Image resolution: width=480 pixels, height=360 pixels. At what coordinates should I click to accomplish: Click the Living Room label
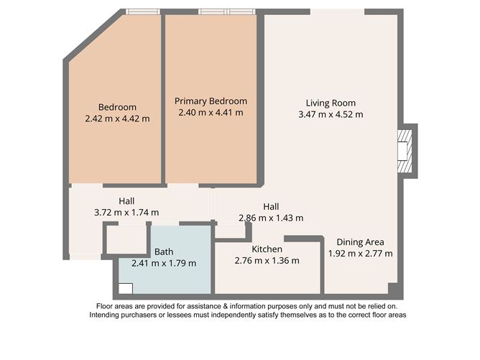point(331,103)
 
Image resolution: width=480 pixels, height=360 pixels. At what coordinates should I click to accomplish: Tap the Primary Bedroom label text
point(211,101)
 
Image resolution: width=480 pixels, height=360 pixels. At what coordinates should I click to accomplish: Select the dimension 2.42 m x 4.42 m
point(117,119)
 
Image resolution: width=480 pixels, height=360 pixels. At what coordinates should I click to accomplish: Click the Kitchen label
point(267,249)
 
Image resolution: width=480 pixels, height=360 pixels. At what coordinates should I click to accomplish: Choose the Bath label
point(164,251)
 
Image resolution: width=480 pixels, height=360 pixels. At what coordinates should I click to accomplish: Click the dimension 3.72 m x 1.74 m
point(126,213)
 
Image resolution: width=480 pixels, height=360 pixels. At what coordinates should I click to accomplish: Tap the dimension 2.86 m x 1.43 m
point(271,218)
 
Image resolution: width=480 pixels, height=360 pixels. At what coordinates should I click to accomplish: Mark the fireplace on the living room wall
point(407,149)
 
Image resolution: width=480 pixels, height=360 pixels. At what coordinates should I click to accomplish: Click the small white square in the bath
point(126,289)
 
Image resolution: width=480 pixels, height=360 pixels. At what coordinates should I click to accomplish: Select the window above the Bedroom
point(142,11)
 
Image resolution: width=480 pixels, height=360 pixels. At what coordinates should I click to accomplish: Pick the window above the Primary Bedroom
point(226,11)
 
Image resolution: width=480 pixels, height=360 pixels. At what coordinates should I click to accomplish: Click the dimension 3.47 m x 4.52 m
point(331,114)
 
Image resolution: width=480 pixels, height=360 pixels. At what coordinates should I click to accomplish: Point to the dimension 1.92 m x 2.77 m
point(360,253)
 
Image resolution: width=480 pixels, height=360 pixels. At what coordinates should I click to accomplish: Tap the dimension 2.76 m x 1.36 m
point(267,261)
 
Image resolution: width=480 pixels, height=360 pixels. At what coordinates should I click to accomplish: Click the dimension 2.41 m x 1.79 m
point(164,263)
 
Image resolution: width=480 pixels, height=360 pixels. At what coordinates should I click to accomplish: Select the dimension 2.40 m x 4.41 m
point(211,113)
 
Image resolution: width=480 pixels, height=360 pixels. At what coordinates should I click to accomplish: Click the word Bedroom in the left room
point(117,107)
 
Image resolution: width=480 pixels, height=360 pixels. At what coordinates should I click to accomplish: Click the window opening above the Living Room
point(337,11)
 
